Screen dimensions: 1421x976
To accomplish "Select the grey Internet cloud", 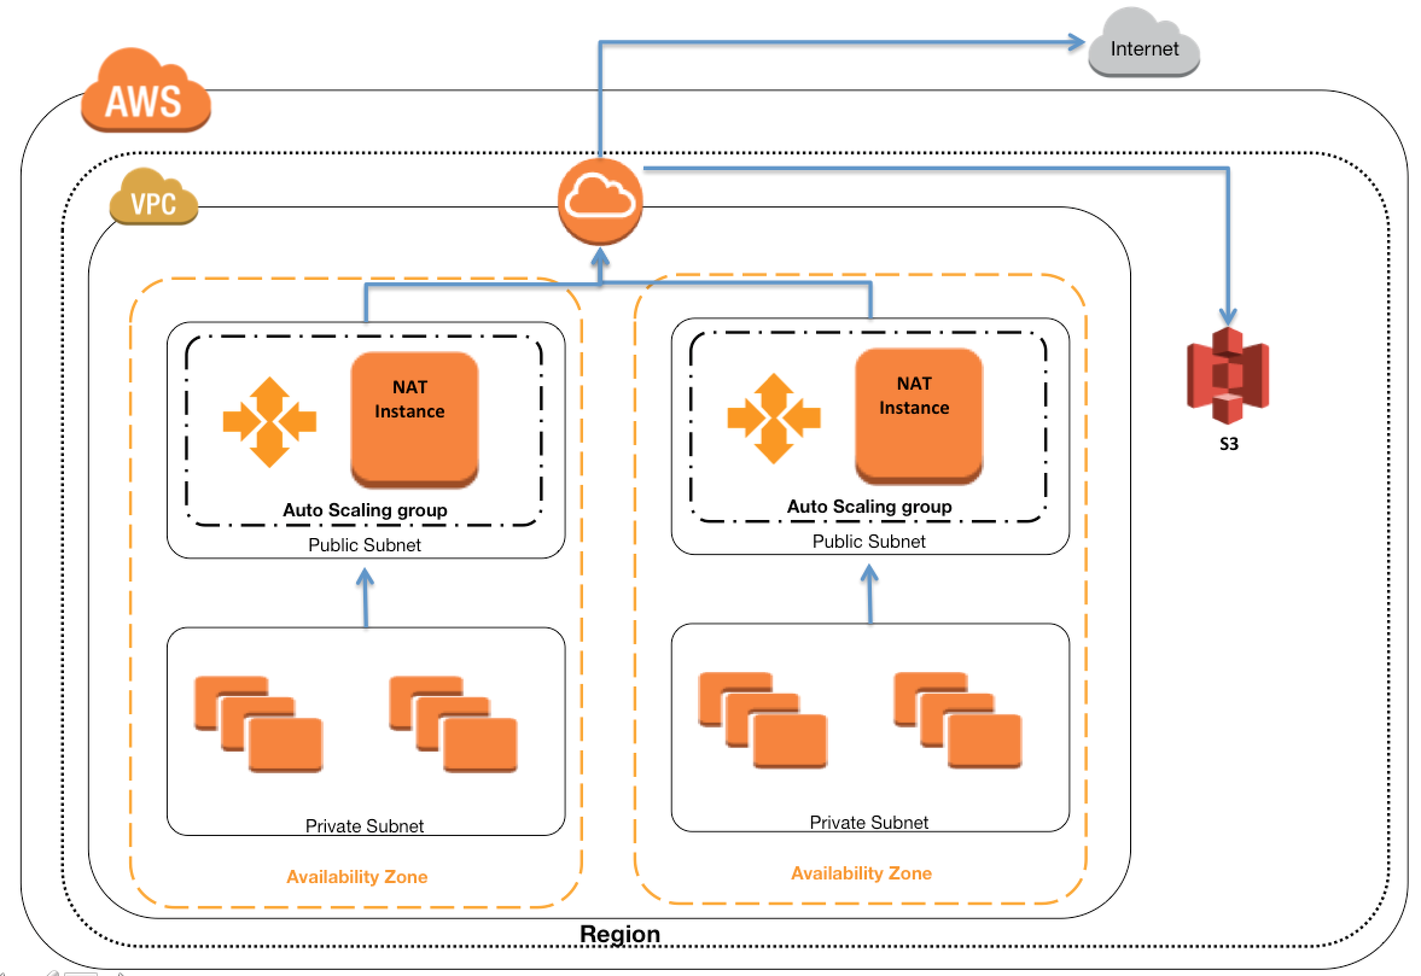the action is click(1144, 42).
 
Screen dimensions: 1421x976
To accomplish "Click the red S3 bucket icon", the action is click(1228, 375).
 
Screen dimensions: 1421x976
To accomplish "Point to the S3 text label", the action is click(1229, 444).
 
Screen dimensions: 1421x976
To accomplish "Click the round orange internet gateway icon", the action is click(600, 201).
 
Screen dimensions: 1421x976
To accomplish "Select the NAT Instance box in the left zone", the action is click(414, 419).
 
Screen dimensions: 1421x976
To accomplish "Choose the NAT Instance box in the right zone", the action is click(919, 416).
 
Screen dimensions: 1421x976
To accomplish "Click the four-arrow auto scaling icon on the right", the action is click(773, 418).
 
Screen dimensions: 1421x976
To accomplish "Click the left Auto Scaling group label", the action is click(365, 510).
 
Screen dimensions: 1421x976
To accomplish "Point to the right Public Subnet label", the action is click(869, 541).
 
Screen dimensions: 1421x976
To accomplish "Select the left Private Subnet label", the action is click(365, 826).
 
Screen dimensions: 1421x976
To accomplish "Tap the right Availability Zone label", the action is click(861, 873).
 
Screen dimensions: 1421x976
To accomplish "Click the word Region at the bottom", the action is click(620, 934).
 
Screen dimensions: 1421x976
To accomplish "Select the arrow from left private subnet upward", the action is click(365, 597).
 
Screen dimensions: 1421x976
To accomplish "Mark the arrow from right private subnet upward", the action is click(870, 594).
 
